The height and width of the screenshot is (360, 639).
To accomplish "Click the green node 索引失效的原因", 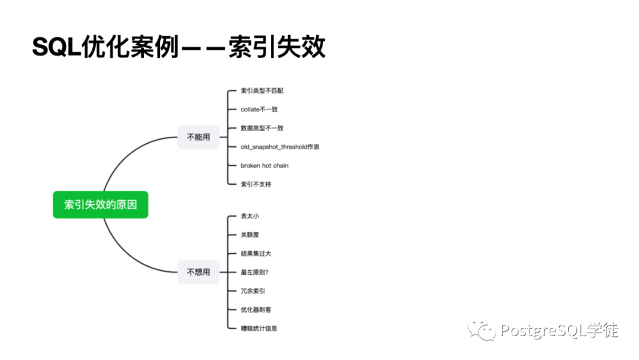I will point(100,205).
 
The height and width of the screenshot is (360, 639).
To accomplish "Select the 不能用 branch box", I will point(198,137).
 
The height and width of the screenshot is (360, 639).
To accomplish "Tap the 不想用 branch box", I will point(198,272).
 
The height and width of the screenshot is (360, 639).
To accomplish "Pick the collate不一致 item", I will point(259,110).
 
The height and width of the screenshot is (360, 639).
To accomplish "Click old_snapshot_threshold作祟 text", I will point(280,147).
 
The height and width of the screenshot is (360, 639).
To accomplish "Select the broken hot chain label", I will point(264,165).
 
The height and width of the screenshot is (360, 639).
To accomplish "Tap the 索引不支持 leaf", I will point(256,184).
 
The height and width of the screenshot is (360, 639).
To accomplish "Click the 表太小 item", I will point(250,216).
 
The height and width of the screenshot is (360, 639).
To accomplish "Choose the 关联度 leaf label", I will point(250,234).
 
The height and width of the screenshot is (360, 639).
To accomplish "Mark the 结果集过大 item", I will point(256,253).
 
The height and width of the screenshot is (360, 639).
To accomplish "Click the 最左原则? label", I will point(255,272).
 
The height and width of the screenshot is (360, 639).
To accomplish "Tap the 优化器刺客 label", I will point(256,309).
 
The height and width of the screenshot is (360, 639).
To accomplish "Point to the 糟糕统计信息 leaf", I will point(259,328).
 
